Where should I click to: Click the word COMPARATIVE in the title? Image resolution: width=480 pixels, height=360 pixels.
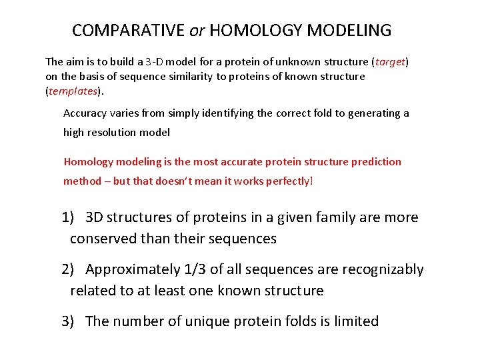pyautogui.click(x=128, y=31)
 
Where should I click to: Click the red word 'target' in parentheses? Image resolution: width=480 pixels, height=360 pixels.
pyautogui.click(x=391, y=62)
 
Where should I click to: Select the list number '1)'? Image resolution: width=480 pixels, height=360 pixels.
pyautogui.click(x=69, y=218)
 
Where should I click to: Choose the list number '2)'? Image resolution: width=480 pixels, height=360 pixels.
pyautogui.click(x=69, y=270)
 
